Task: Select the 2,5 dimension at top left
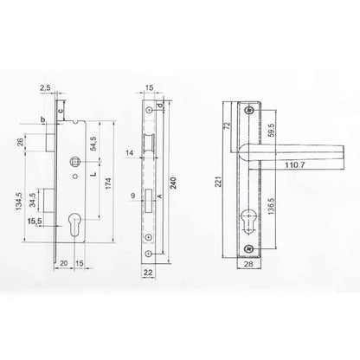coord(46,88)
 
